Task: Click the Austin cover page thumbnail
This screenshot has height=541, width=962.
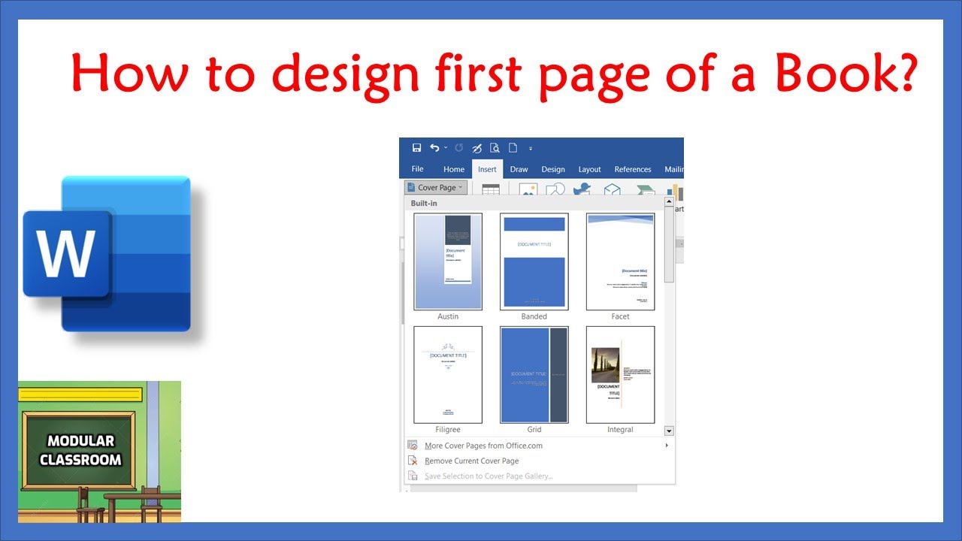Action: pyautogui.click(x=448, y=261)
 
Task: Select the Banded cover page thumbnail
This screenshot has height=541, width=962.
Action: pyautogui.click(x=534, y=261)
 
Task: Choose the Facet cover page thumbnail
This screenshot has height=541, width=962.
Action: pyautogui.click(x=620, y=261)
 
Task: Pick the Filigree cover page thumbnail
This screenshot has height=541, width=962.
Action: pyautogui.click(x=448, y=374)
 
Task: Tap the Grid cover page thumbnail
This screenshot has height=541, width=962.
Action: pyautogui.click(x=534, y=374)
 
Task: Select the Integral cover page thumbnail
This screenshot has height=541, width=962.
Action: pyautogui.click(x=620, y=374)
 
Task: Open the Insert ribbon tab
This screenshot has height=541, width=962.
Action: pyautogui.click(x=487, y=170)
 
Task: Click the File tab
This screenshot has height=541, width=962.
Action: pyautogui.click(x=417, y=169)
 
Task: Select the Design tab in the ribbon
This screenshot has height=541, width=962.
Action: pyautogui.click(x=553, y=170)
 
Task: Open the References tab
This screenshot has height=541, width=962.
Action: pyautogui.click(x=633, y=170)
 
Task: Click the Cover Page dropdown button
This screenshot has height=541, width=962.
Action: pyautogui.click(x=436, y=188)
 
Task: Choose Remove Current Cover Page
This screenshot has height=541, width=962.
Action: pyautogui.click(x=471, y=461)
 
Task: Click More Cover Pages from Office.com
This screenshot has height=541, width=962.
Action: pyautogui.click(x=483, y=446)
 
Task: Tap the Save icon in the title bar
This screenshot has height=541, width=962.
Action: pyautogui.click(x=416, y=148)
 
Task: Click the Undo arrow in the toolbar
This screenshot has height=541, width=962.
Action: pyautogui.click(x=434, y=148)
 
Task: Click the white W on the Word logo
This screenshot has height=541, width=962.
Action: pyautogui.click(x=66, y=254)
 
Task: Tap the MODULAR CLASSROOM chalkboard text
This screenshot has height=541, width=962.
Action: pyautogui.click(x=80, y=450)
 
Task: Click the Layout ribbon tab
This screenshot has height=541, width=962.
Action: pyautogui.click(x=589, y=170)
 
